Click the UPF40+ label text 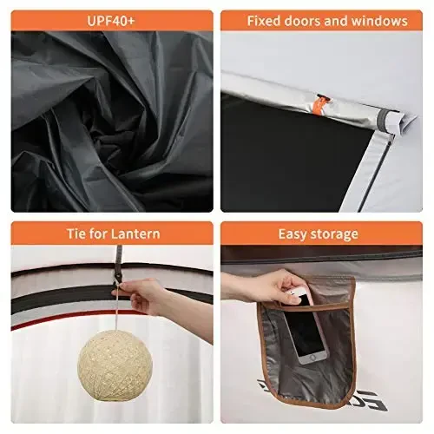(x=112, y=20)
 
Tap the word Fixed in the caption (x=265, y=20)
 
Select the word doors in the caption (x=308, y=20)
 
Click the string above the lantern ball (x=118, y=311)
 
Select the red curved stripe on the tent (x=35, y=325)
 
